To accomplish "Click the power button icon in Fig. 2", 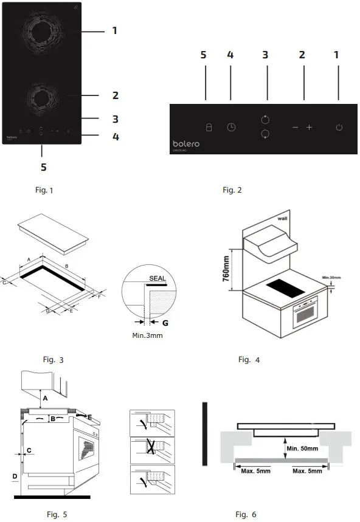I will click(x=339, y=128).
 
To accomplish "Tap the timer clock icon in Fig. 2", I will click(x=231, y=128).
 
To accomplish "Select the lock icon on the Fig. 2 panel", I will click(x=208, y=128).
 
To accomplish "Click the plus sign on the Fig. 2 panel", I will click(x=309, y=128).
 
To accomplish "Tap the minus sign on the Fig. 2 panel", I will click(x=295, y=128).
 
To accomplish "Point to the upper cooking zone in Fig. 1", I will click(x=43, y=31).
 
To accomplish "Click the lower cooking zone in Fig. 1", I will click(x=41, y=97).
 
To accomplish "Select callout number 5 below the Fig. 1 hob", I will click(x=43, y=166).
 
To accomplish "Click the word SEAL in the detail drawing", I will click(x=156, y=278).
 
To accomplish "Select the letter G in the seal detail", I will click(x=165, y=323).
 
